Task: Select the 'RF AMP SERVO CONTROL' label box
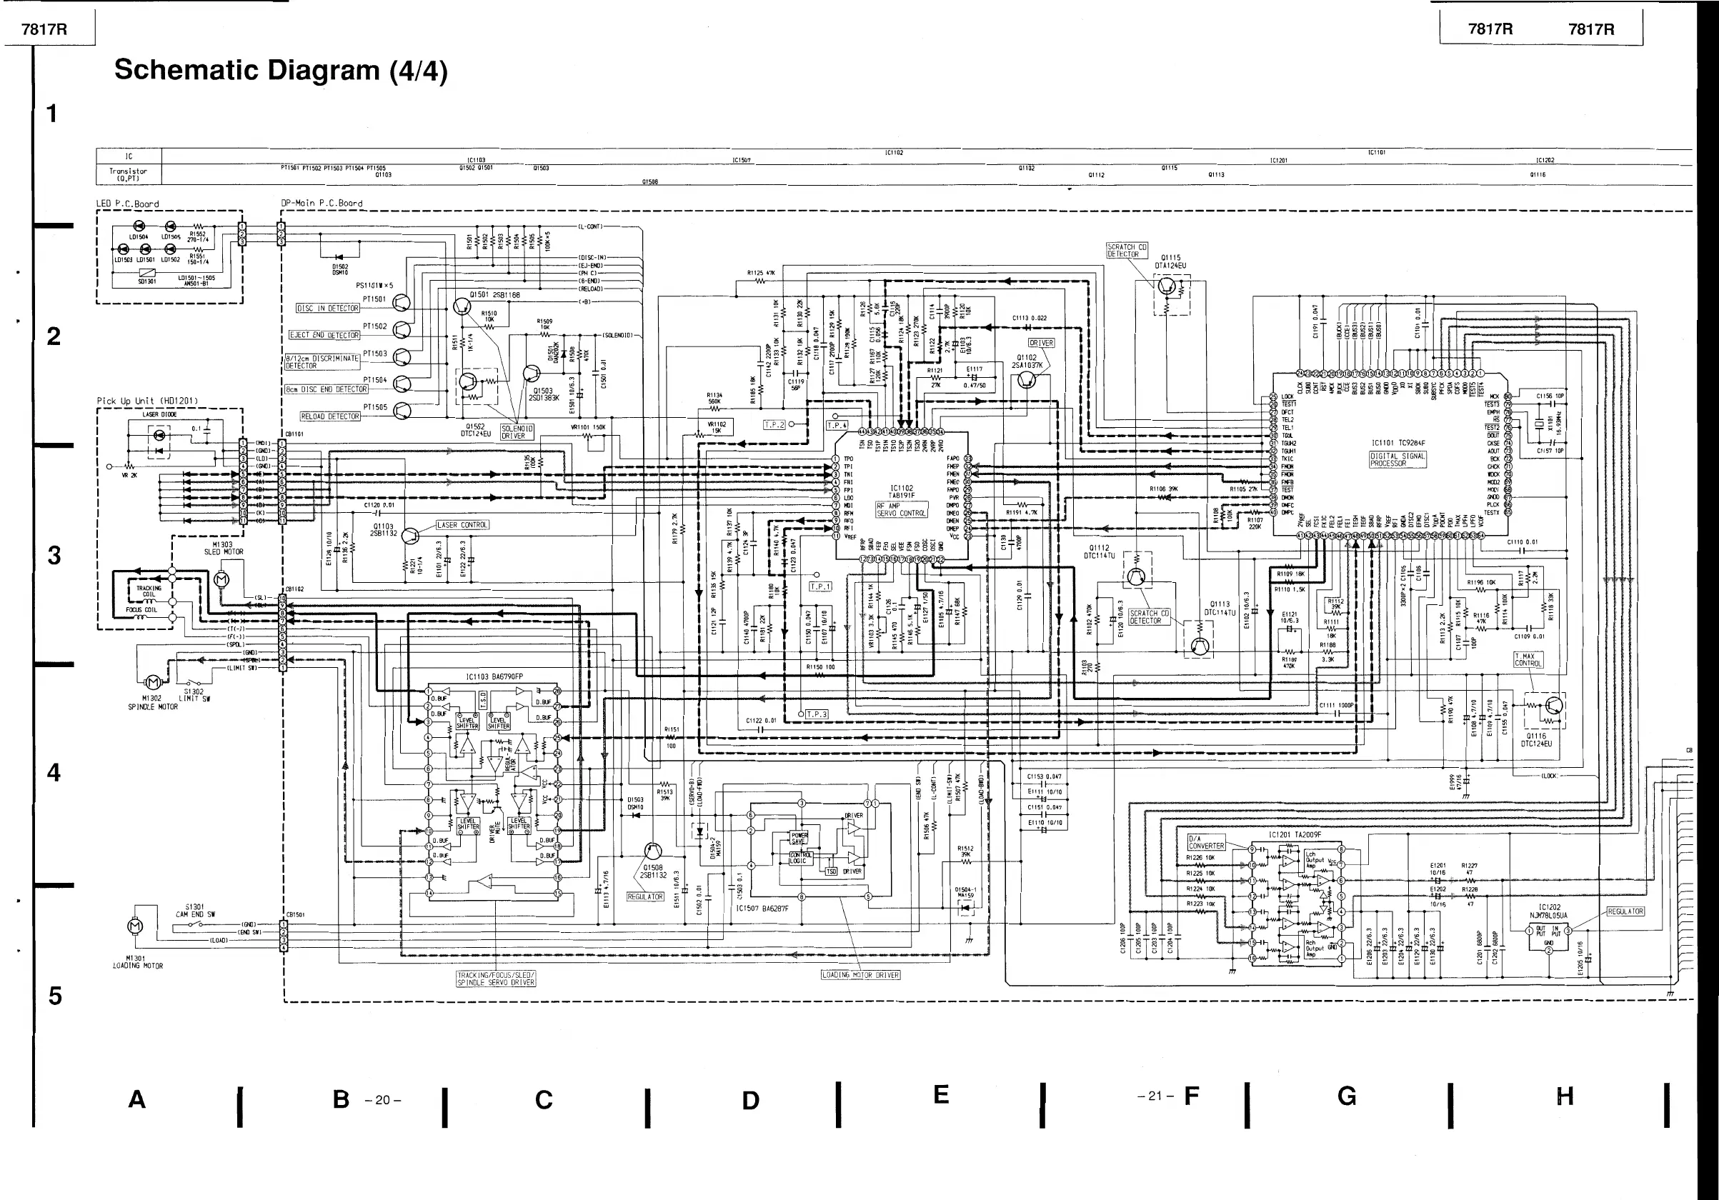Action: click(902, 510)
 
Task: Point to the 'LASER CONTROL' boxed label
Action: click(462, 525)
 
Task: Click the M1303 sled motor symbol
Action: click(221, 579)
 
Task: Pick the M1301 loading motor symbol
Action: click(136, 926)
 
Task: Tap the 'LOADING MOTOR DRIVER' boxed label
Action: click(860, 975)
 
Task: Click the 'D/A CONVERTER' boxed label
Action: click(1206, 842)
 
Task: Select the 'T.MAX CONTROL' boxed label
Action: click(1528, 659)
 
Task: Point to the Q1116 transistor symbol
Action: click(1553, 705)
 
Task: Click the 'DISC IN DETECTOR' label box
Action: click(328, 308)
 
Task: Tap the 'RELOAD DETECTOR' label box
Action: click(329, 416)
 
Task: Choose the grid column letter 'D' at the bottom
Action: click(750, 1100)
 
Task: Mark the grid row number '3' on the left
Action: click(54, 556)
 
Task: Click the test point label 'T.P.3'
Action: click(817, 714)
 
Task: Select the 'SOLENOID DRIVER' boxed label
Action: click(513, 432)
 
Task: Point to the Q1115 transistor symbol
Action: click(1167, 285)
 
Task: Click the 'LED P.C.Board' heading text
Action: click(127, 204)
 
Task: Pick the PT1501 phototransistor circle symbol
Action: click(402, 302)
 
